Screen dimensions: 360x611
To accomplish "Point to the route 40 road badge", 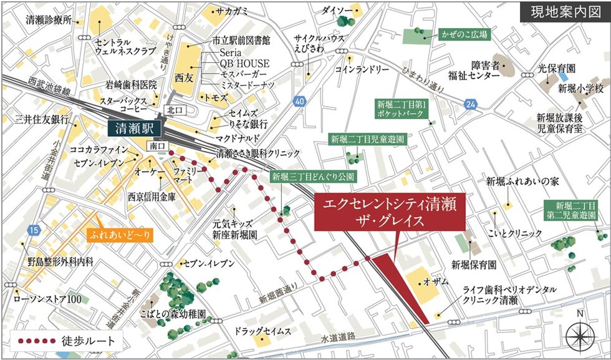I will point(300,100).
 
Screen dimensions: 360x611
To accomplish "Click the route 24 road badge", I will point(469,103).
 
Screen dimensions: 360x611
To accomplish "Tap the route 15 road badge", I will point(34,231).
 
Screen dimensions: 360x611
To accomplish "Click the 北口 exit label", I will point(172,110).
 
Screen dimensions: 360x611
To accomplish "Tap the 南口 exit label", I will point(158,145).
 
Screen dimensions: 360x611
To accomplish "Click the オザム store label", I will point(436,282).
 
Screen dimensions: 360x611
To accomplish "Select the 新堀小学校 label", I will point(579,88).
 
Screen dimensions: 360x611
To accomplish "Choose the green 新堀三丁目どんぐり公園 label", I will point(313,177).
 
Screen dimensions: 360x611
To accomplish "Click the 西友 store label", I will point(185,79).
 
